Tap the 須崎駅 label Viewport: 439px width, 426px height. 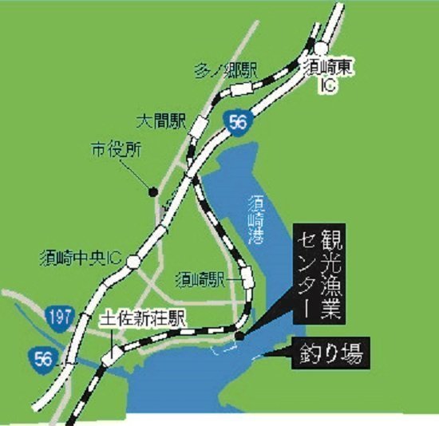click(x=204, y=279)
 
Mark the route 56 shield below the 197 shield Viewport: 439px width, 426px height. click(x=43, y=358)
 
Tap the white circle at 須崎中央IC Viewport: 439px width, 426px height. click(x=134, y=260)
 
